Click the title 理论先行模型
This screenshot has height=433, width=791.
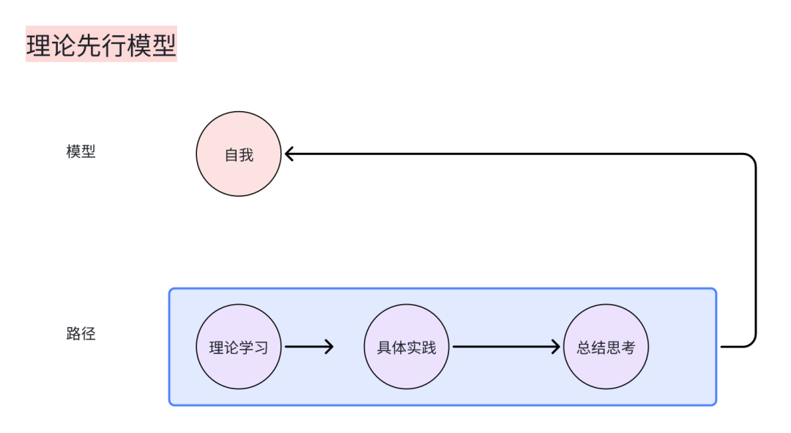point(101,45)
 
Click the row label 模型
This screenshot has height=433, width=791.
point(81,152)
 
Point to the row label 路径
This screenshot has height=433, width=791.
point(81,334)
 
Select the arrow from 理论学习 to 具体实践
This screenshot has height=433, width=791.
point(308,347)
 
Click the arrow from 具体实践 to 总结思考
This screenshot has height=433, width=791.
point(505,347)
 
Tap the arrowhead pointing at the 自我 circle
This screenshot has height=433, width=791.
point(289,154)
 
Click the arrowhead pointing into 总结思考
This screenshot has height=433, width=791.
point(556,347)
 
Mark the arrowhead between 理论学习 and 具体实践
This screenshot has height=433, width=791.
point(329,347)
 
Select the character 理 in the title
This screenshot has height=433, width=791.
point(39,45)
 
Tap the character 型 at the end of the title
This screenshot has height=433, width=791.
point(164,45)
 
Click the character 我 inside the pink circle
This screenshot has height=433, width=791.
point(247,155)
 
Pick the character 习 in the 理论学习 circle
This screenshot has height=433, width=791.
point(261,347)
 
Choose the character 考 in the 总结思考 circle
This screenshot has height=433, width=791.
point(628,347)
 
